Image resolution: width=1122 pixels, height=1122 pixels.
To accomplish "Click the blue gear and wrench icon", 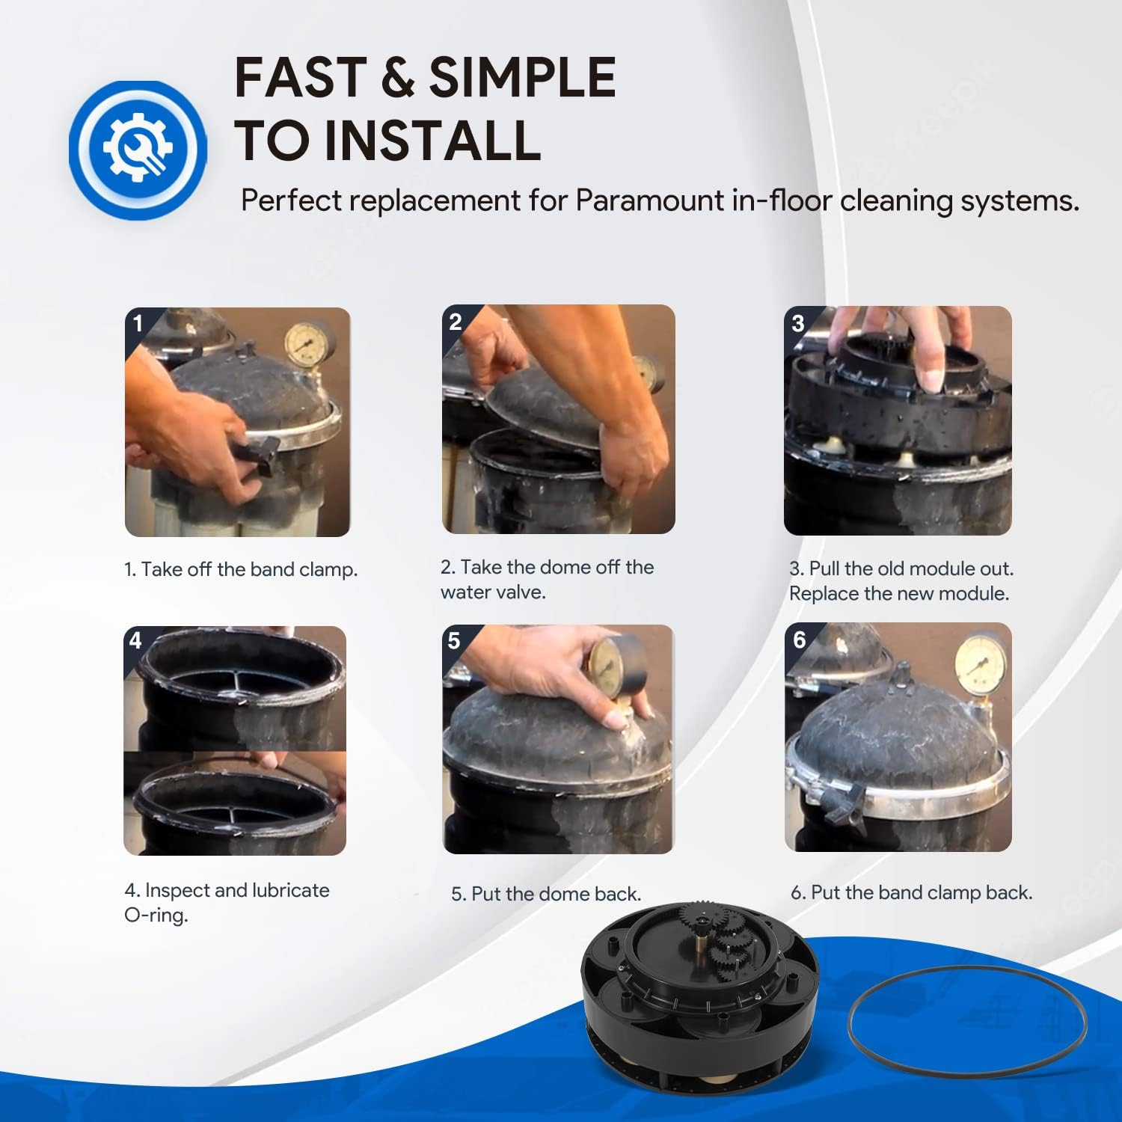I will [x=138, y=150].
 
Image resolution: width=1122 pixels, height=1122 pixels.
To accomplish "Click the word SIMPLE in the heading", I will [x=521, y=78].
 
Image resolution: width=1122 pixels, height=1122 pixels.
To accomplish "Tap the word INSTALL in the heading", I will [x=433, y=141].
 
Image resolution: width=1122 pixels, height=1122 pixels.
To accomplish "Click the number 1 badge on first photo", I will [x=138, y=323].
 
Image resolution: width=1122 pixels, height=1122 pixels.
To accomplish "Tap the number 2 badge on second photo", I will [x=455, y=322].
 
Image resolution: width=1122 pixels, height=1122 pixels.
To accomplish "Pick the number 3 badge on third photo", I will [x=797, y=323].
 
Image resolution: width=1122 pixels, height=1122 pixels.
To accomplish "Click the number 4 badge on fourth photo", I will [x=135, y=640].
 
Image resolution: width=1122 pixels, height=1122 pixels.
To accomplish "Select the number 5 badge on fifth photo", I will [x=453, y=641].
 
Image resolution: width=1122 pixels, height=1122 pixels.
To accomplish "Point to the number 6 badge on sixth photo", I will [x=799, y=640].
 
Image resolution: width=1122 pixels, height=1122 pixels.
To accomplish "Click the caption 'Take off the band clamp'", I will [x=241, y=569].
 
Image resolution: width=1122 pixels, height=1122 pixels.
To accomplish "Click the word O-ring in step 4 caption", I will [x=156, y=915].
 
